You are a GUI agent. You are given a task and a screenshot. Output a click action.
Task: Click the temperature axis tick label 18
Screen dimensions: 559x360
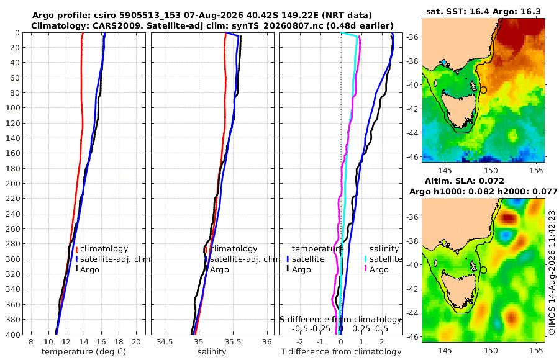tap(119, 342)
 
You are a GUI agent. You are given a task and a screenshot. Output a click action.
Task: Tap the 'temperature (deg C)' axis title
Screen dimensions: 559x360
tap(84, 352)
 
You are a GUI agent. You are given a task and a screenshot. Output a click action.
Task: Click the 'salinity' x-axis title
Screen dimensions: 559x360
tap(212, 352)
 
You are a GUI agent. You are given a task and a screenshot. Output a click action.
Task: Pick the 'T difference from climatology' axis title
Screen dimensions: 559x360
tap(341, 352)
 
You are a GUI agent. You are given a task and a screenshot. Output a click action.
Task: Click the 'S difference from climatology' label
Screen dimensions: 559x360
tap(340, 320)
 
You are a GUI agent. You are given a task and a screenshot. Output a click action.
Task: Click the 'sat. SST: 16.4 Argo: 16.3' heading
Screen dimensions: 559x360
tap(483, 11)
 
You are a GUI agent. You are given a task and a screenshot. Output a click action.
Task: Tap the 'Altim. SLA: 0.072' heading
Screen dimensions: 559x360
tap(465, 181)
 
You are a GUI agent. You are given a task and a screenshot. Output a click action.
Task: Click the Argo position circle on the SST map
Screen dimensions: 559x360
tap(483, 90)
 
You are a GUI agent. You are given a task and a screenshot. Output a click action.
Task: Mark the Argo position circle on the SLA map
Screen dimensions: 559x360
tap(483, 270)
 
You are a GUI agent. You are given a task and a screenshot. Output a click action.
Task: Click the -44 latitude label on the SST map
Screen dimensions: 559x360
tap(413, 133)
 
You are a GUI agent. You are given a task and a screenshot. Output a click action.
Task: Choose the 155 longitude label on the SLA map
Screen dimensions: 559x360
tap(536, 350)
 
